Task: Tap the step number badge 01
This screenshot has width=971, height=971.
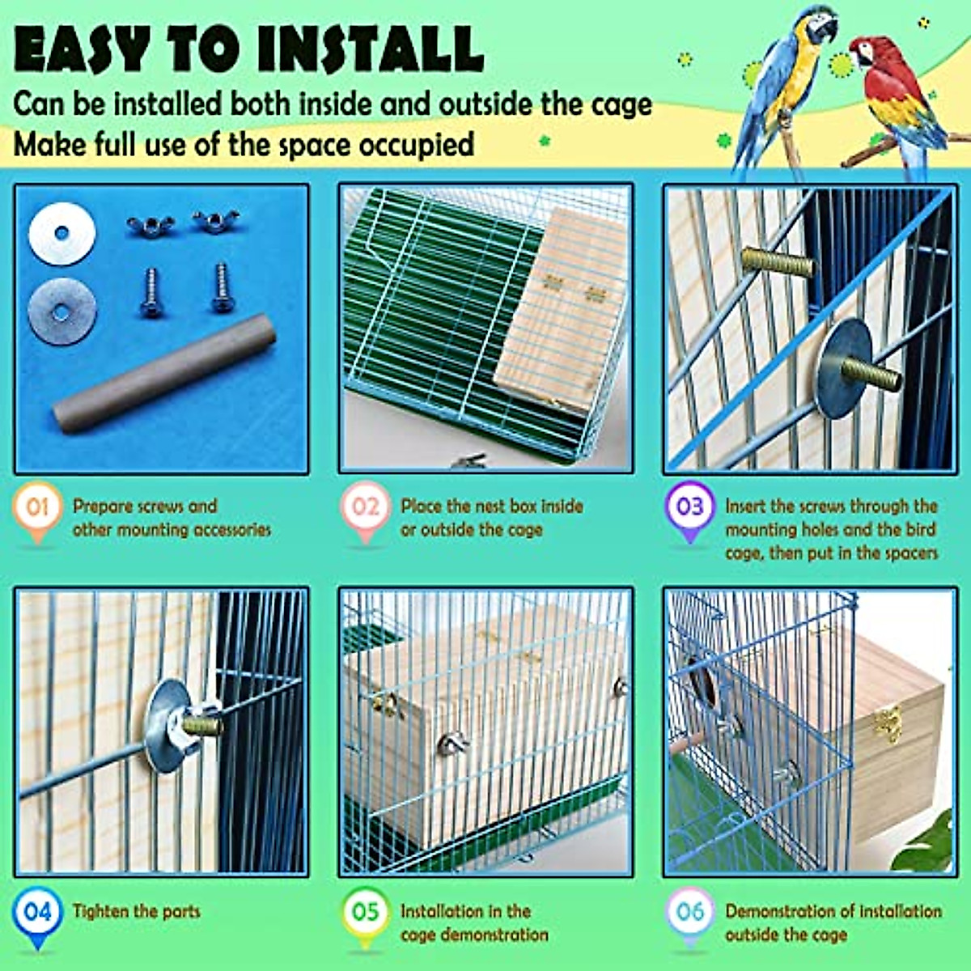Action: coord(37,507)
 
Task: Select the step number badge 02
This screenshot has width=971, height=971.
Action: coord(365,507)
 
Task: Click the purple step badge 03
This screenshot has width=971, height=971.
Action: coord(689,507)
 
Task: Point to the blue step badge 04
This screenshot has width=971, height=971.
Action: coord(37,912)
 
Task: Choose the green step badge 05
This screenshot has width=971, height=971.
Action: coord(365,912)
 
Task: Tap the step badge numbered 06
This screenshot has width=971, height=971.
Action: coord(689,912)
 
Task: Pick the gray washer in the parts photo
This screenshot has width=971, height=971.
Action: coord(62,311)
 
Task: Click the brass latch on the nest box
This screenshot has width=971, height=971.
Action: coord(888,722)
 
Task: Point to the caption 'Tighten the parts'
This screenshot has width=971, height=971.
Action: coord(136,912)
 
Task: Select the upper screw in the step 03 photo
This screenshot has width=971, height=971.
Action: coord(777,262)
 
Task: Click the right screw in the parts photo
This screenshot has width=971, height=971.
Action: coord(221,289)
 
